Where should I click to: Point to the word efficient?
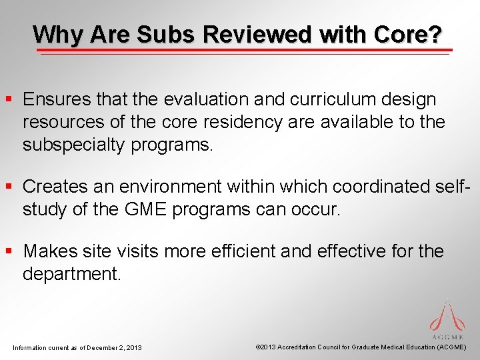pos(244,252)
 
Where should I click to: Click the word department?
pos(72,275)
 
